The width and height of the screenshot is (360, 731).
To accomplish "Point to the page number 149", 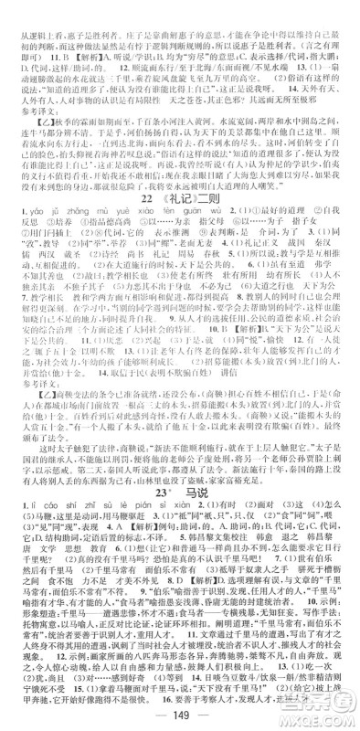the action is [x=180, y=712].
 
